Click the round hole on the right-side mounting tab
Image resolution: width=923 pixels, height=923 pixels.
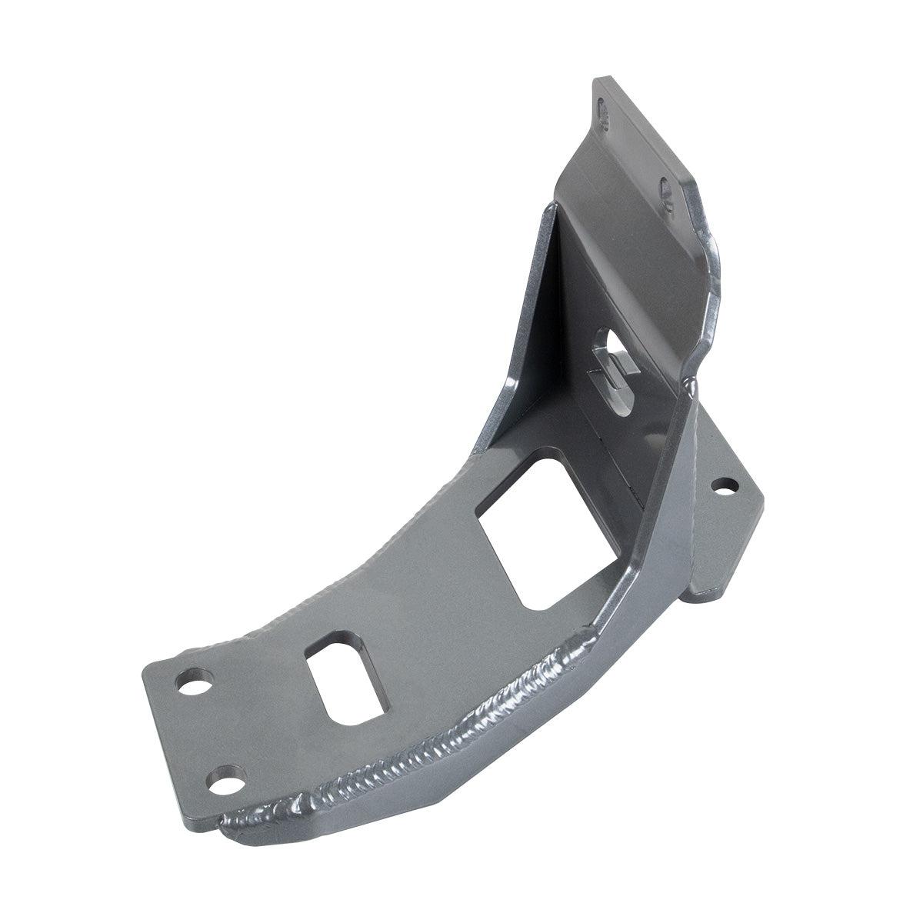pos(723,485)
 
